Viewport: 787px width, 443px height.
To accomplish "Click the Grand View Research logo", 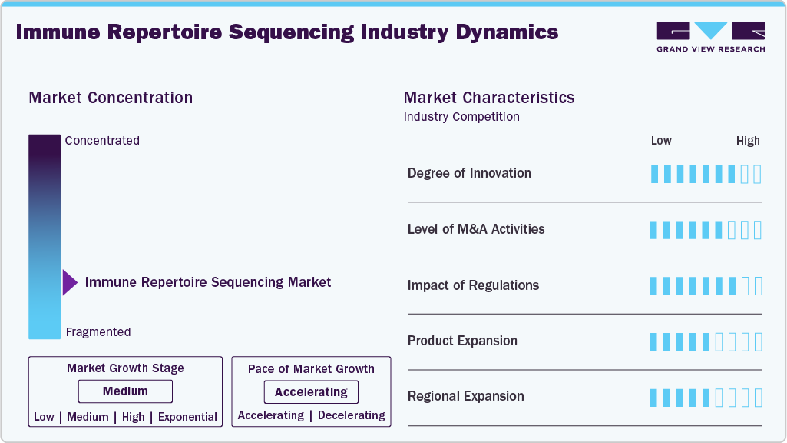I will point(710,35).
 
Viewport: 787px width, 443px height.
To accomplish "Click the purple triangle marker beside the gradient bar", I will point(69,282).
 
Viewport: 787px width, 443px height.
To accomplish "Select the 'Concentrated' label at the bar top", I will point(102,141).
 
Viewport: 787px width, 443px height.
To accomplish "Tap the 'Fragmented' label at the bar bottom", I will point(98,332).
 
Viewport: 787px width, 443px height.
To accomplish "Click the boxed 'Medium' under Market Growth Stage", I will point(125,391).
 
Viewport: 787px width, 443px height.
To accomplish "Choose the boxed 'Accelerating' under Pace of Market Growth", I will point(311,392).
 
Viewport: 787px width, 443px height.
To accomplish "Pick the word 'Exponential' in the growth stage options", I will point(187,417).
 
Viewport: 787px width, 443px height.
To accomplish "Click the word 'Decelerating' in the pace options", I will point(351,415).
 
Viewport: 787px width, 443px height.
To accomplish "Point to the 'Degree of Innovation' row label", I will point(469,173).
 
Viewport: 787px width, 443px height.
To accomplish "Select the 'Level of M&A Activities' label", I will point(476,229).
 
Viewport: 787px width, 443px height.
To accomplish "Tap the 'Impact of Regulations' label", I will point(473,285).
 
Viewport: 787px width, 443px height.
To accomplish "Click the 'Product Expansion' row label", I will point(462,341).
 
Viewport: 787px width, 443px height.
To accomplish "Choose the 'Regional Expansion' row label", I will point(466,396).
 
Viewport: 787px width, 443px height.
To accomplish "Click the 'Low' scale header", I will point(661,141).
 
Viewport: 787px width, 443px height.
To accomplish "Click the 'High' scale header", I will point(748,141).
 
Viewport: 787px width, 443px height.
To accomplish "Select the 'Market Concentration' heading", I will point(111,98).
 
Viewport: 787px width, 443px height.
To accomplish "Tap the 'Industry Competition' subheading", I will point(461,117).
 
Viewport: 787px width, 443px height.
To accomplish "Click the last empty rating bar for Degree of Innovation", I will point(758,174).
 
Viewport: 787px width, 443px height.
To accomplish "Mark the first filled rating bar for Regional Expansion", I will point(654,398).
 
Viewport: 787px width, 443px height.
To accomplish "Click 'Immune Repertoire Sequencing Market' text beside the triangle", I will point(208,282).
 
